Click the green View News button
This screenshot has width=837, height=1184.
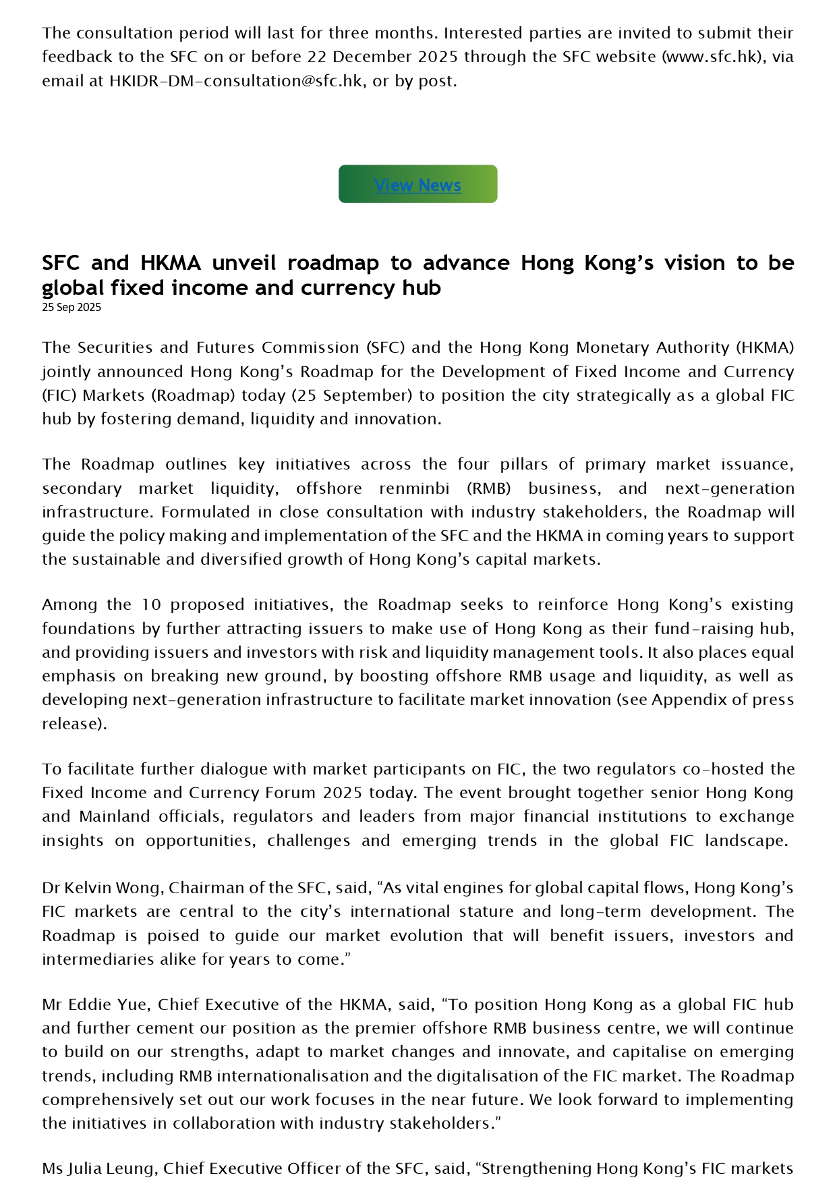click(417, 184)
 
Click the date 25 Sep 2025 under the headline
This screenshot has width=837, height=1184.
click(71, 308)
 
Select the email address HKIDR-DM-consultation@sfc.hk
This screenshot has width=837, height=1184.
click(235, 81)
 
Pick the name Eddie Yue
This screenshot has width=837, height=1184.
click(109, 1005)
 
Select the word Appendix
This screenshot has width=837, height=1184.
click(689, 700)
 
